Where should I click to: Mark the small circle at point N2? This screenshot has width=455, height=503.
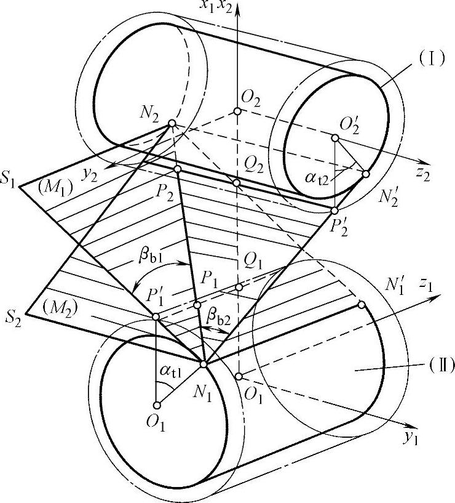(x=172, y=124)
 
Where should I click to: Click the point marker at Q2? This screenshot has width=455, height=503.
(x=237, y=183)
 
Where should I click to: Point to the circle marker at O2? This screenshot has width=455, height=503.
(x=237, y=111)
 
